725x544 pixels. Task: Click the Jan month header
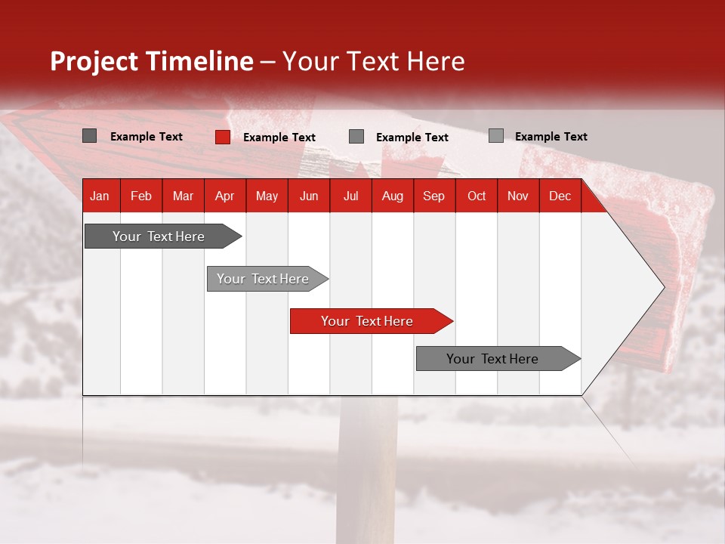(100, 196)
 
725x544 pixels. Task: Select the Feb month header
(141, 196)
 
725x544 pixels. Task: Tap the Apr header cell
(225, 196)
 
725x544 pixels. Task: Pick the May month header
(267, 196)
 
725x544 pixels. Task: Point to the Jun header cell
(309, 196)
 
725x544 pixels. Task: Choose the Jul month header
(350, 196)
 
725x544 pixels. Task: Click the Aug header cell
(393, 196)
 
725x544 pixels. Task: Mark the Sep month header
(434, 196)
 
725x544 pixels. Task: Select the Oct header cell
(477, 196)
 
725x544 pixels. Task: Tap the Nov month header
(518, 196)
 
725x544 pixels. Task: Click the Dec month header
(560, 196)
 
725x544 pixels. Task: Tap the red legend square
(223, 137)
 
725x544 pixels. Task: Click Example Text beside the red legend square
(279, 138)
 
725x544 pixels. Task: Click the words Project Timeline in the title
(152, 61)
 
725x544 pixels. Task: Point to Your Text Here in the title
(373, 61)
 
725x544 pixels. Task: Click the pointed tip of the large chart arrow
(662, 287)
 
